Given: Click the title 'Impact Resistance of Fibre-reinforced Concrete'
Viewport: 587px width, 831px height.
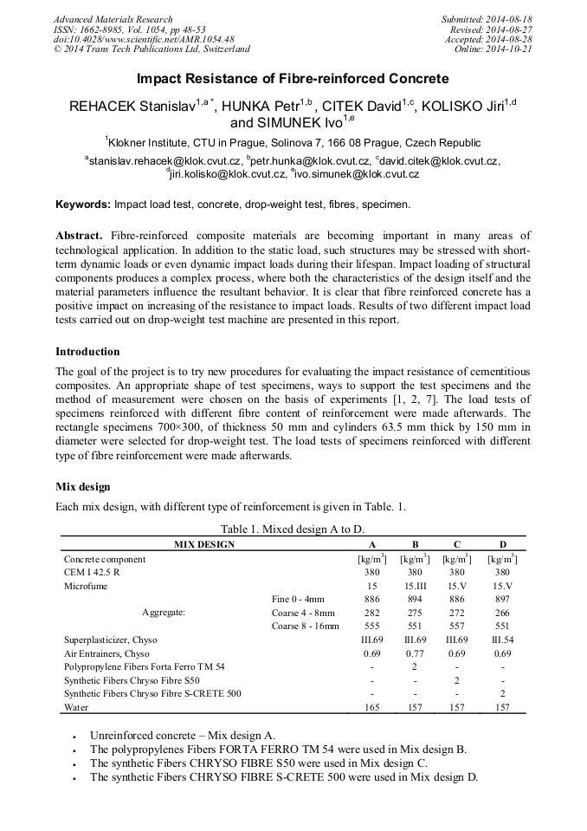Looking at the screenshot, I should point(293,79).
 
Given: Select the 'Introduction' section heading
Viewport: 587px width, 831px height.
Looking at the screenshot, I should point(87,352).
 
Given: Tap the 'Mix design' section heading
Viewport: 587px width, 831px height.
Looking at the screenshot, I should point(83,486).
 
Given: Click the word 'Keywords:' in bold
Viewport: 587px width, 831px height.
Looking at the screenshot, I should point(83,205).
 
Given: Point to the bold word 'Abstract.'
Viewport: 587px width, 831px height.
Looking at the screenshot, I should point(80,236).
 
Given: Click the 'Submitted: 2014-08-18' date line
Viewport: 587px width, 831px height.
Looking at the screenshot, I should point(487,19).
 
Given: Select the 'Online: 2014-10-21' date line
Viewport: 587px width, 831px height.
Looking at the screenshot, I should point(493,49).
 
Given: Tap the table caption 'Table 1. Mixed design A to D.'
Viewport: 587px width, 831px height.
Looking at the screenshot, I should point(293,529).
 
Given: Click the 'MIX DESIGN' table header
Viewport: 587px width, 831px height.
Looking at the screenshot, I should point(204,544).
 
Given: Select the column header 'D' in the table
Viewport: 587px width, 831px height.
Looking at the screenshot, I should point(502,544).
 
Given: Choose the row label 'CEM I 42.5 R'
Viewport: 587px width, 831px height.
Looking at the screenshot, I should point(92,572).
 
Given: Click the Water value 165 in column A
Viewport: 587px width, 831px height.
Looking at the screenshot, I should point(371,707).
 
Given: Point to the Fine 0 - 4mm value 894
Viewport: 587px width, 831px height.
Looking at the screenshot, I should point(415,599).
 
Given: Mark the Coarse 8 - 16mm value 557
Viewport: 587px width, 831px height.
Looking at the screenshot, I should point(458,626).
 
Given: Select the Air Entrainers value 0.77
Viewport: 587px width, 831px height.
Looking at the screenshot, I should point(415,652).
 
